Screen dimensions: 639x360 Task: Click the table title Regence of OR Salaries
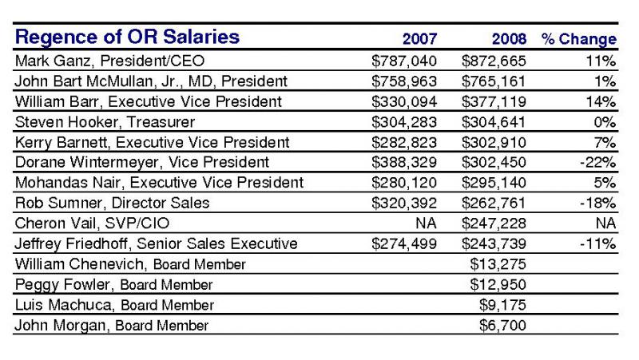point(127,37)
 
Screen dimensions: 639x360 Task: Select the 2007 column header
point(420,39)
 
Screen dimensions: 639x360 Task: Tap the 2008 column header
point(509,39)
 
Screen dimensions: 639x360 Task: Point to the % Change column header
point(578,39)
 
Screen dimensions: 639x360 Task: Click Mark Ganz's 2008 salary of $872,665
point(494,61)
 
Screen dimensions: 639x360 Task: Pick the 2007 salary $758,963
point(404,81)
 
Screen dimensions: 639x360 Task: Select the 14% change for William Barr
point(601,102)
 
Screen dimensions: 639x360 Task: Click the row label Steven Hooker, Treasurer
point(105,122)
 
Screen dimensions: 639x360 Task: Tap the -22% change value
point(597,163)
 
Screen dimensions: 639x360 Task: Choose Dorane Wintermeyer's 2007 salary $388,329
point(404,163)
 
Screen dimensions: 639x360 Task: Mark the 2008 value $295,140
point(494,183)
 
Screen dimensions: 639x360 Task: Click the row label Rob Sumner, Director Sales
point(112,203)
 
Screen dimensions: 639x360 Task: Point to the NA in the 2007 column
point(426,224)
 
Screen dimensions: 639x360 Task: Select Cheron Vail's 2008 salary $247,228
point(494,224)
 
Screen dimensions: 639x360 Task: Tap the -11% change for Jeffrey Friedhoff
point(597,243)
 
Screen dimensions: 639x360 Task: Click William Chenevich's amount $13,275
point(498,264)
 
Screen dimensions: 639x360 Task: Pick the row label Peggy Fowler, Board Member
point(113,285)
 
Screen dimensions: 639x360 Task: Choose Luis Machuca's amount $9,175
point(502,305)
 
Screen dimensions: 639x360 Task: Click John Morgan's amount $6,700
point(502,326)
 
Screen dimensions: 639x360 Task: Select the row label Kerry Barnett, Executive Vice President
point(152,143)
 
